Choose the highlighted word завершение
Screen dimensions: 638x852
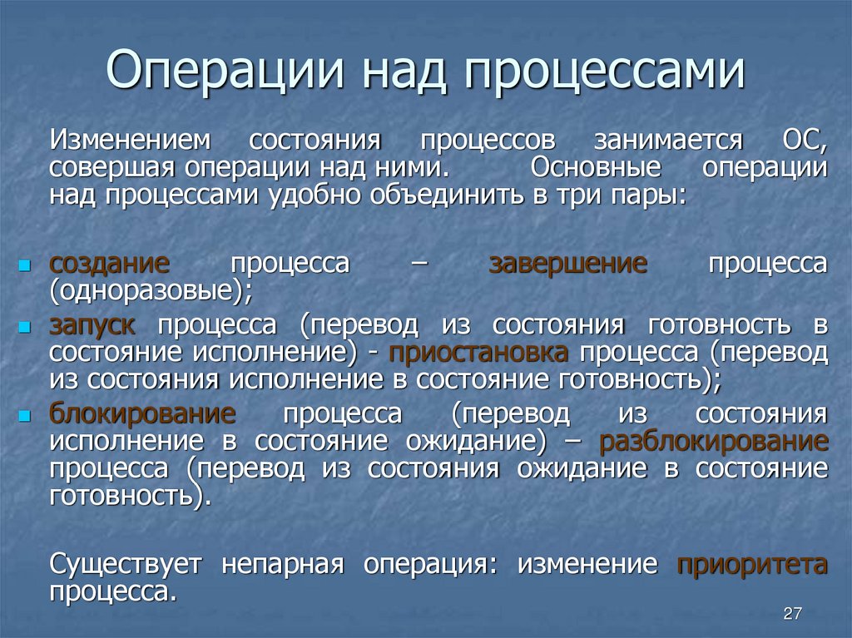click(567, 265)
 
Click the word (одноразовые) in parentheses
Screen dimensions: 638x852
click(150, 291)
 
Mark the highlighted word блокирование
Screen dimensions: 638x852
click(142, 413)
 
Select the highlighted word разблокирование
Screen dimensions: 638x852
click(713, 441)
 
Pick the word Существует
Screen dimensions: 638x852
click(126, 565)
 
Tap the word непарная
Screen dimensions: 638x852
click(283, 565)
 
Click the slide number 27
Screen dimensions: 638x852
click(791, 614)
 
